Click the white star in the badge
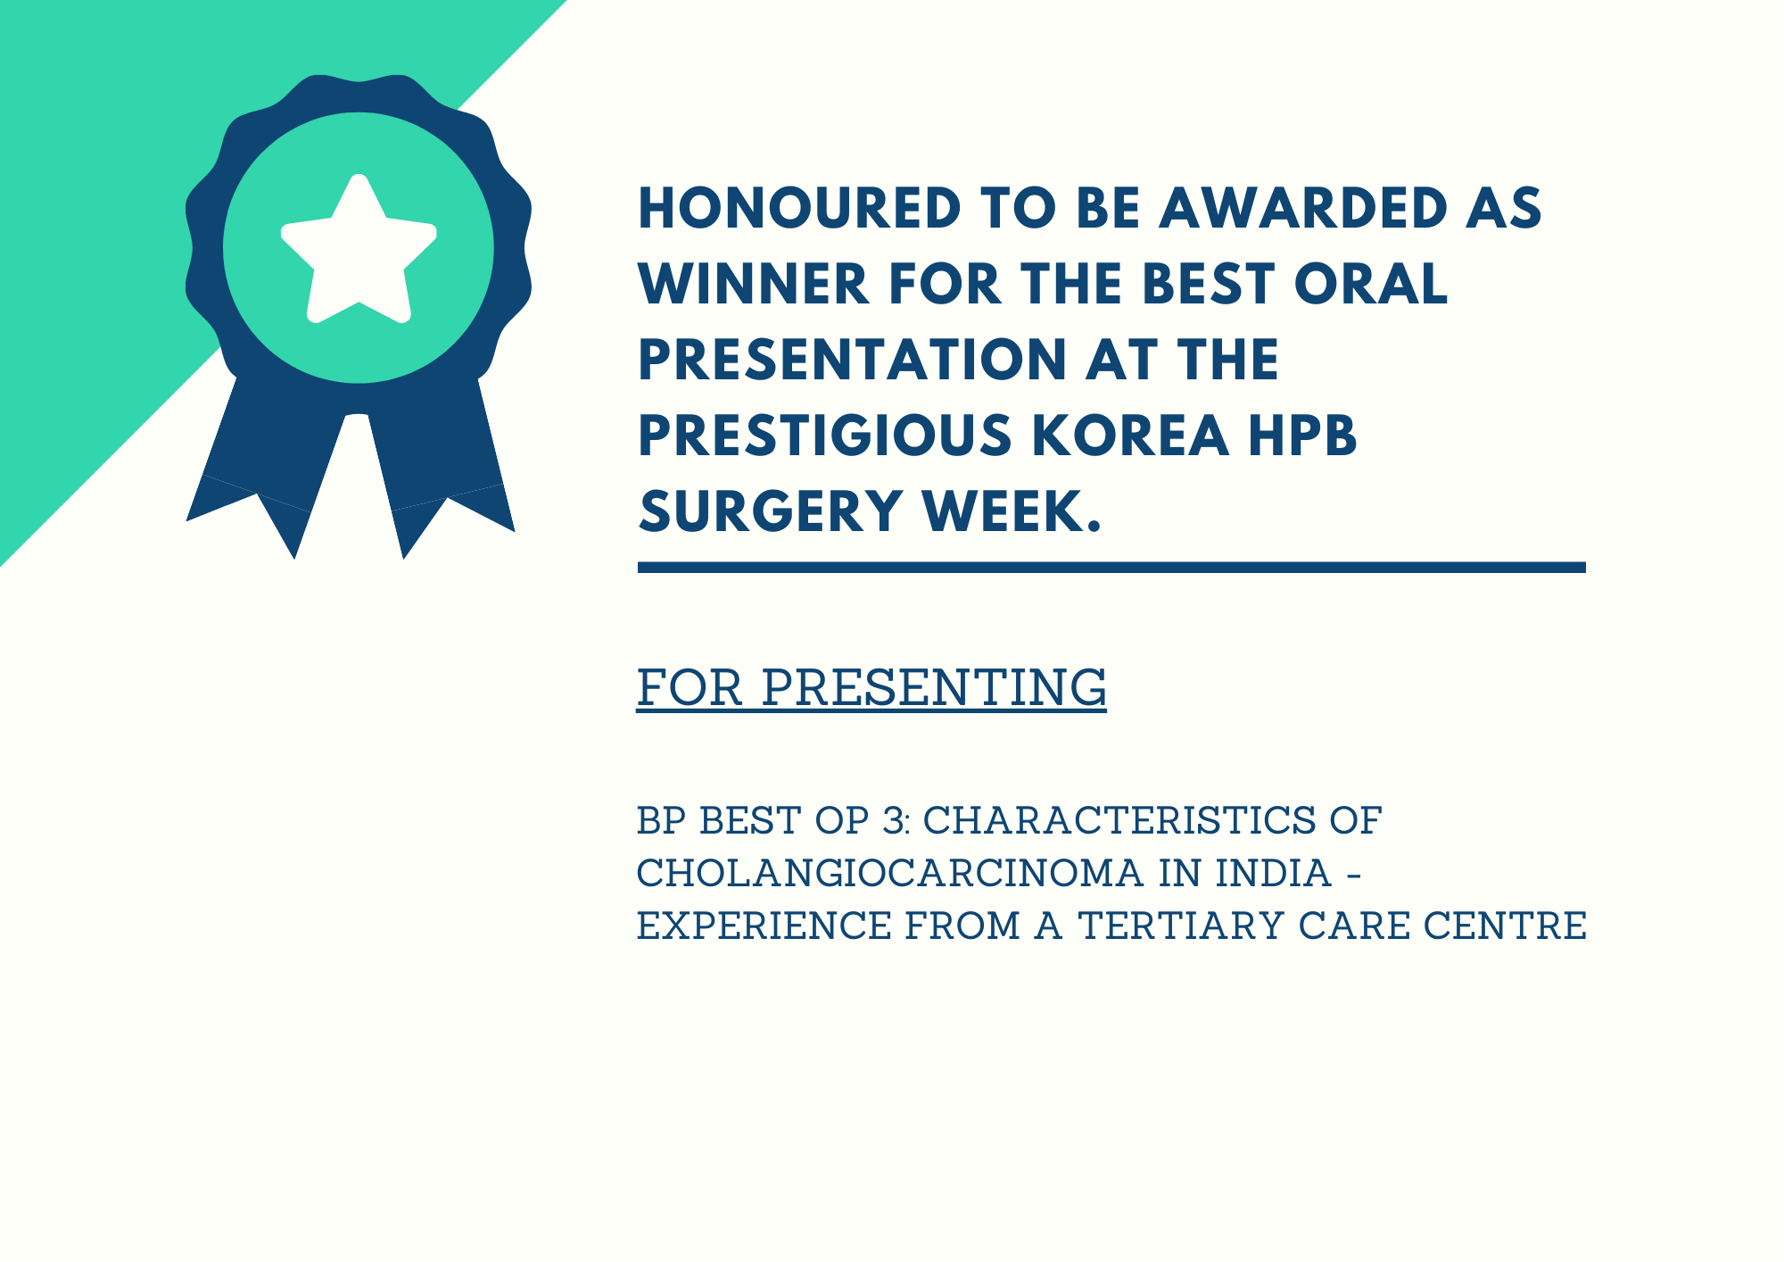pos(359,250)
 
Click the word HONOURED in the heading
pos(800,208)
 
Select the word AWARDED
pos(1303,208)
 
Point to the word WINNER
pos(754,284)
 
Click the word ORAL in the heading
pos(1371,284)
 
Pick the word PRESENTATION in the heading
pos(853,360)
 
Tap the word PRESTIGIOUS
pos(825,436)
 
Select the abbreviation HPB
pos(1302,436)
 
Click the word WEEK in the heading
pos(1004,511)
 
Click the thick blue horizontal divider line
pos(1111,568)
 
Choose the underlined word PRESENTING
pos(934,687)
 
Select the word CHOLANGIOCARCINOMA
pos(890,873)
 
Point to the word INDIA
pos(1274,873)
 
